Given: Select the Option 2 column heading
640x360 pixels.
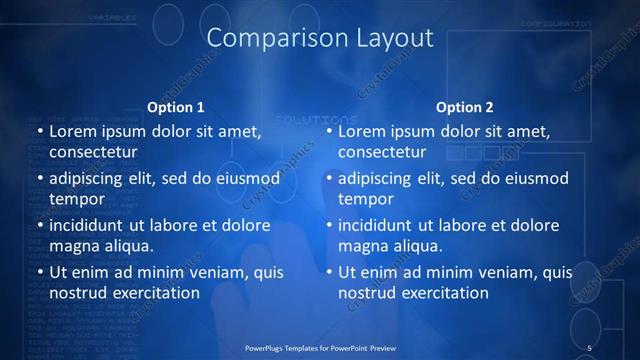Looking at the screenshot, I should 465,107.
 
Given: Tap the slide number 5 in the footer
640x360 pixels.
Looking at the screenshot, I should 590,347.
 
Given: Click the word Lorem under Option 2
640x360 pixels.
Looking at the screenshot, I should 363,131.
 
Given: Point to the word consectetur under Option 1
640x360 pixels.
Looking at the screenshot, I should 93,153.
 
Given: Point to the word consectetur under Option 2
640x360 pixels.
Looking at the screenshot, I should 383,153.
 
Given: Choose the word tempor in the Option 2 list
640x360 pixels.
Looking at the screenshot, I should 366,200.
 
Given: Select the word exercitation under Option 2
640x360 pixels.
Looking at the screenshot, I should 444,293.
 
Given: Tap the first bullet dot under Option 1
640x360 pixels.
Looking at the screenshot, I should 40,132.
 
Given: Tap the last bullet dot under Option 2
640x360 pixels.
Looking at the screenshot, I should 330,272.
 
